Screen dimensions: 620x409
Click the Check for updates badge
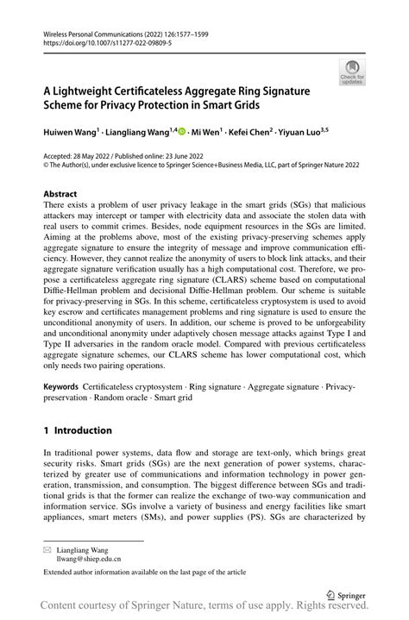(352, 72)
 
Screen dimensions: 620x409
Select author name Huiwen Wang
(72, 134)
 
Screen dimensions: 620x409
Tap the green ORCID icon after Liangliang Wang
(182, 133)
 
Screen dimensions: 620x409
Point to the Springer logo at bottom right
(345, 595)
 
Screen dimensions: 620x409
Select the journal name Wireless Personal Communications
(97, 30)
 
